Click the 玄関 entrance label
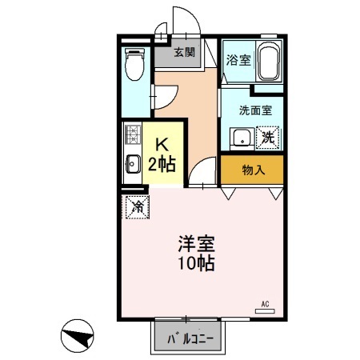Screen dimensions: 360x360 click(185, 53)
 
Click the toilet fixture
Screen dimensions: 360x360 click(134, 65)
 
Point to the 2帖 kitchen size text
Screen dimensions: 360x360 click(162, 165)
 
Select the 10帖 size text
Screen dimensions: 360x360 click(197, 264)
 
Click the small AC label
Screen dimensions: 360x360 click(265, 303)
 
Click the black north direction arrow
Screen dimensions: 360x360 click(78, 336)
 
